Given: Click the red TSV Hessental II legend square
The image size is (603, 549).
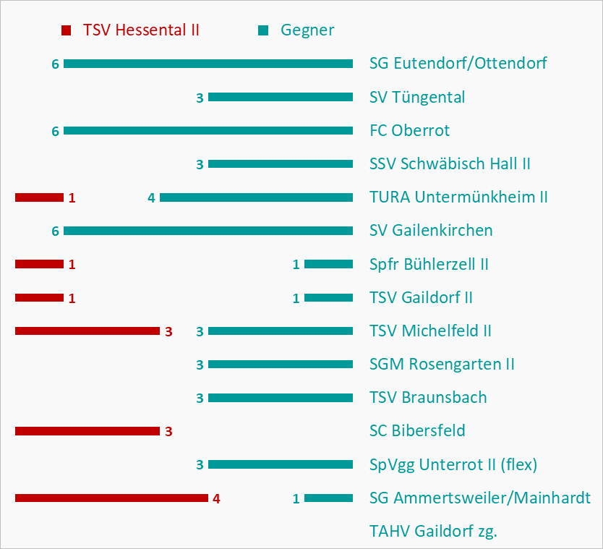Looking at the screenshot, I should pyautogui.click(x=67, y=30).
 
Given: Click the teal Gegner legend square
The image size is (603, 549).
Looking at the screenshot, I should pyautogui.click(x=263, y=30).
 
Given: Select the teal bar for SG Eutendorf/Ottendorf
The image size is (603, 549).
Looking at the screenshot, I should pyautogui.click(x=208, y=64).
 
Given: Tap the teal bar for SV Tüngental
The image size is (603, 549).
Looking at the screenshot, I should pyautogui.click(x=281, y=97).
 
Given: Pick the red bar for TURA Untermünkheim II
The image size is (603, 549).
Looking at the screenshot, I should pyautogui.click(x=39, y=197).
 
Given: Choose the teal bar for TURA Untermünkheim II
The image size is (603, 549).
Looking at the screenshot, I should pyautogui.click(x=256, y=197).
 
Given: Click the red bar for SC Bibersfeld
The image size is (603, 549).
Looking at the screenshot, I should pyautogui.click(x=87, y=431).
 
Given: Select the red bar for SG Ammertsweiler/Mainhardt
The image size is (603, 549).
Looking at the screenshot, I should pyautogui.click(x=111, y=498).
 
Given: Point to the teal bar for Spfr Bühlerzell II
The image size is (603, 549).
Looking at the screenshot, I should pyautogui.click(x=328, y=264).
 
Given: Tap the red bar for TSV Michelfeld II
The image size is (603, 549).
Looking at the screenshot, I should pyautogui.click(x=87, y=331).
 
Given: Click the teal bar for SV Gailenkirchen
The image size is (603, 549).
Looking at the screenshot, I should pyautogui.click(x=208, y=231).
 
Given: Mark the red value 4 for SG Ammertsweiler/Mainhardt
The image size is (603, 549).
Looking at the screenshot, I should pyautogui.click(x=216, y=498).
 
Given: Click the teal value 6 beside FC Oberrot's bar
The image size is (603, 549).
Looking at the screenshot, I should pyautogui.click(x=55, y=131).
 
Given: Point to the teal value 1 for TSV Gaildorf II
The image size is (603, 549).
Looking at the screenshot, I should pyautogui.click(x=296, y=298).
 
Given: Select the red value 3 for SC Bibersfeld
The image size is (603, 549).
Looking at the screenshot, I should pyautogui.click(x=168, y=432).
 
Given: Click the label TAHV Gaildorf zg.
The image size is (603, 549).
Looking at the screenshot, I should pyautogui.click(x=433, y=531).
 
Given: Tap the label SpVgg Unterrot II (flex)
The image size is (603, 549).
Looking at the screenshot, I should pyautogui.click(x=453, y=464).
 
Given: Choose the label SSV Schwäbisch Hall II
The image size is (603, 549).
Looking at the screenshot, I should pyautogui.click(x=450, y=163).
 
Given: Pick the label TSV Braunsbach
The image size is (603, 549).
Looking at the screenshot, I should pyautogui.click(x=428, y=397).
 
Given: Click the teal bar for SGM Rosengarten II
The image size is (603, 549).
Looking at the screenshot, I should pyautogui.click(x=281, y=364).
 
